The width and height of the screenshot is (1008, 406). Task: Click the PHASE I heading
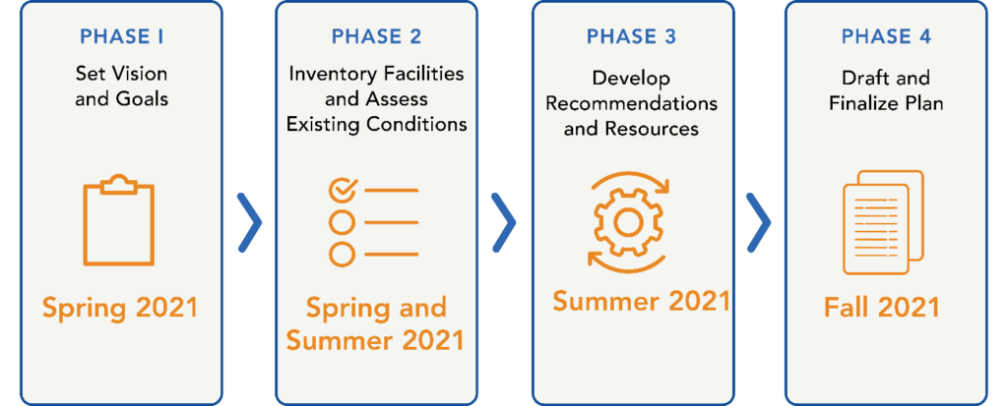121,36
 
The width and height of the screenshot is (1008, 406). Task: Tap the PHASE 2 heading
377,36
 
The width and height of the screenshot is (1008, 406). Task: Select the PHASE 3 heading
631,36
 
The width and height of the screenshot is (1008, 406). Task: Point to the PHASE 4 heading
886,36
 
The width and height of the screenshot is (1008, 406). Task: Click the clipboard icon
119,219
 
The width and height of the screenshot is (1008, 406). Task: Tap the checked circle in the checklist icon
342,190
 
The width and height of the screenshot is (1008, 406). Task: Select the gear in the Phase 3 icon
624,222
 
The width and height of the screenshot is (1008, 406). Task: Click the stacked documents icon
883,222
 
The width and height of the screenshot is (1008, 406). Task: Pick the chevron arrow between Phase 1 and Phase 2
249,221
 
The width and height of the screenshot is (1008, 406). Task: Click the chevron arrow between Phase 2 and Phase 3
504,221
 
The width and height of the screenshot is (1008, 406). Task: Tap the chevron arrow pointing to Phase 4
759,221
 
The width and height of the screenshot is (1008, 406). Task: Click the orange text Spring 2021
120,309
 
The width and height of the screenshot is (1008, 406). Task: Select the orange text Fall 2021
882,308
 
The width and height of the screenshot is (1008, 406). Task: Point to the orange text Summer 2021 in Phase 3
642,301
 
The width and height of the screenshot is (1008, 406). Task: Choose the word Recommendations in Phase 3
631,103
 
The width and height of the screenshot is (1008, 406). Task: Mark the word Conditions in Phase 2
417,124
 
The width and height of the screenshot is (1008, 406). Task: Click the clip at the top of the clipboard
119,184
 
